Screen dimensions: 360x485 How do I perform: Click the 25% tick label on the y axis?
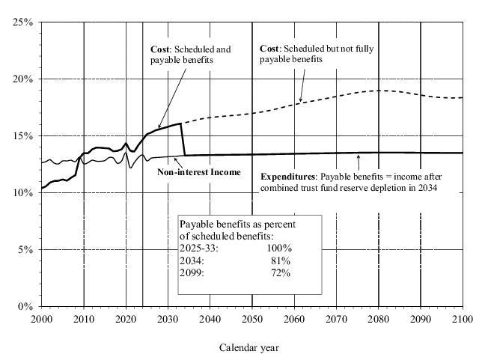coord(23,22)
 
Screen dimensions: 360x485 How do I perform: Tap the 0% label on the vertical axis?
coord(25,307)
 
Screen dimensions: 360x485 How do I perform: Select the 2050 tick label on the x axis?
coord(252,320)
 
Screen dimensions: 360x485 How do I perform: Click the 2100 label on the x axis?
coord(463,320)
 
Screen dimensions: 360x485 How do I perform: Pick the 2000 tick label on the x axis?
coord(41,320)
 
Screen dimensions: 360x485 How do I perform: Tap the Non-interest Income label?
coord(199,172)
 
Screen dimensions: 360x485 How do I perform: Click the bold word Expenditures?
coord(289,177)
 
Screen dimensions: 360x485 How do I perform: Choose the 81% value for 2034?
coord(281,259)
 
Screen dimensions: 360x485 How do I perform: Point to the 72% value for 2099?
coord(281,271)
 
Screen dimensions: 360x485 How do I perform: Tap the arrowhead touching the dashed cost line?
coord(300,100)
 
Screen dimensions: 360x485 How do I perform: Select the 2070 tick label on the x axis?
coord(337,320)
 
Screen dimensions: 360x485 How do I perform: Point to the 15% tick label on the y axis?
coord(23,136)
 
